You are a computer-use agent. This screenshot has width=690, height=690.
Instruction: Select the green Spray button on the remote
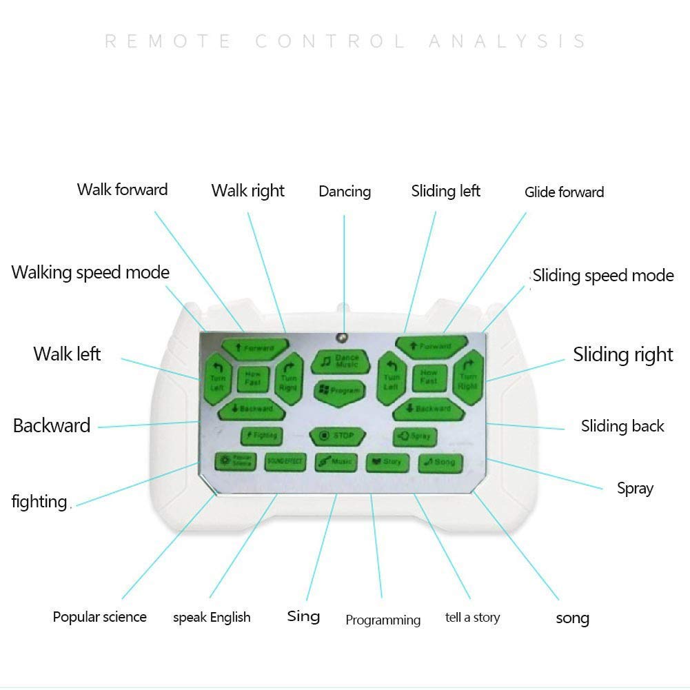point(415,436)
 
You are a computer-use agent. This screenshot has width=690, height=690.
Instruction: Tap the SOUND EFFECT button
point(285,462)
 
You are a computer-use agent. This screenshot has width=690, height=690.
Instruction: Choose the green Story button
point(387,462)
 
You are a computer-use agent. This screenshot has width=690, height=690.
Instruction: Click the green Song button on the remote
point(440,462)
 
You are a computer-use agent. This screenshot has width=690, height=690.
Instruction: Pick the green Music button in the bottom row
point(336,462)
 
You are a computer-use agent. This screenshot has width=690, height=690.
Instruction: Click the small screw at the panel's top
point(340,337)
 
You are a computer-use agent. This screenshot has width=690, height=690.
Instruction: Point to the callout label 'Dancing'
point(345,192)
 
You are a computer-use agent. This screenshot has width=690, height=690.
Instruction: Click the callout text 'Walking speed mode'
point(90,272)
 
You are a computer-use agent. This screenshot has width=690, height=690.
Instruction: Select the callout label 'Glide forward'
point(564,192)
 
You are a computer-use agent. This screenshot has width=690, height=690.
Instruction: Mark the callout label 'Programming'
point(383,620)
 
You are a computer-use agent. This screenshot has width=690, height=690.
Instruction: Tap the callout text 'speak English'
point(212,618)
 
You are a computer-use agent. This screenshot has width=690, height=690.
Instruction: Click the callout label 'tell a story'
point(472,618)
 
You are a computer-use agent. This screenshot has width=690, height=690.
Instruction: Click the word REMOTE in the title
point(168,41)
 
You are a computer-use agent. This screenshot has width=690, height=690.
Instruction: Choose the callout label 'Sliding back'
point(622,426)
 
